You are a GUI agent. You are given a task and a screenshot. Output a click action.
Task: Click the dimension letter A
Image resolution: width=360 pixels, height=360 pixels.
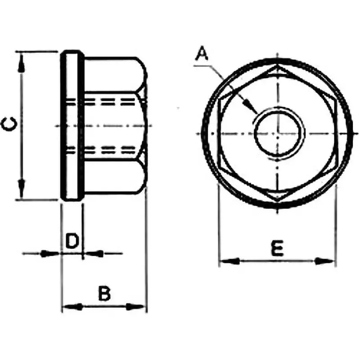[x=202, y=54]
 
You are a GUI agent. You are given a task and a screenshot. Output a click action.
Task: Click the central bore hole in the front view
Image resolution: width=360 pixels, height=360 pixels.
[x=278, y=134]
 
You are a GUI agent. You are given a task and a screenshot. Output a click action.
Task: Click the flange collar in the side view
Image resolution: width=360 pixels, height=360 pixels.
[x=72, y=126]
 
